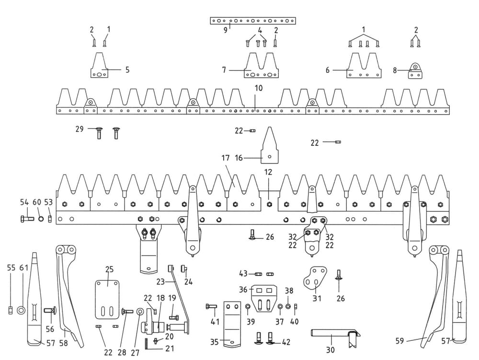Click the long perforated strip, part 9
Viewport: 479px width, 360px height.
tap(253, 21)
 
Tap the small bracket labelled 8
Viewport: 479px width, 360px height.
tap(415, 71)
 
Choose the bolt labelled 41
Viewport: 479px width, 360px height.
tap(212, 306)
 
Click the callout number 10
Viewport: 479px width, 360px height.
tap(259, 89)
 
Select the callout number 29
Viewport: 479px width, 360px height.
tap(80, 129)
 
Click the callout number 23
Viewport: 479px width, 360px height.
tap(160, 281)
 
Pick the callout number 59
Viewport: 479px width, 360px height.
tap(400, 341)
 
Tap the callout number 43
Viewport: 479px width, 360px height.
tap(244, 273)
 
